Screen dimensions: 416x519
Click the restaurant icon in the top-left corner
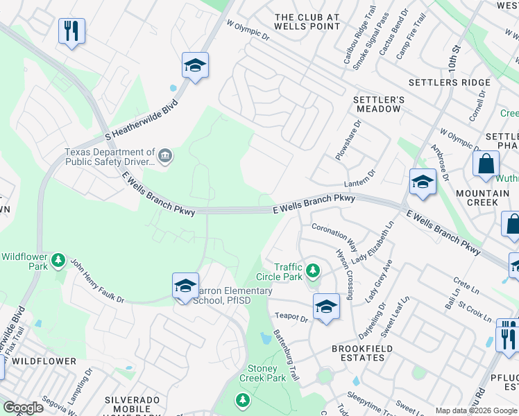pyautogui.click(x=71, y=31)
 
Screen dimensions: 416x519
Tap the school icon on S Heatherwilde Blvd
pyautogui.click(x=196, y=66)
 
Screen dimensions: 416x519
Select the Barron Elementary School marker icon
pyautogui.click(x=185, y=286)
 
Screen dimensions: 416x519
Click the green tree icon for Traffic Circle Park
pyautogui.click(x=313, y=269)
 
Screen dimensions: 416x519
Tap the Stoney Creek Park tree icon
pyautogui.click(x=243, y=399)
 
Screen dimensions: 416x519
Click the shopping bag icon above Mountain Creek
pyautogui.click(x=486, y=164)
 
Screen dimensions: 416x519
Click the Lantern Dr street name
pyautogui.click(x=360, y=178)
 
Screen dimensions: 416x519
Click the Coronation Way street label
pyautogui.click(x=334, y=236)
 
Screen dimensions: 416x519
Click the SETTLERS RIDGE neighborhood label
pyautogui.click(x=449, y=83)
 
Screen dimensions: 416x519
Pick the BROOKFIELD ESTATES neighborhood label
pyautogui.click(x=358, y=353)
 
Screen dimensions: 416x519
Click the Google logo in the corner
pyautogui.click(x=23, y=408)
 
